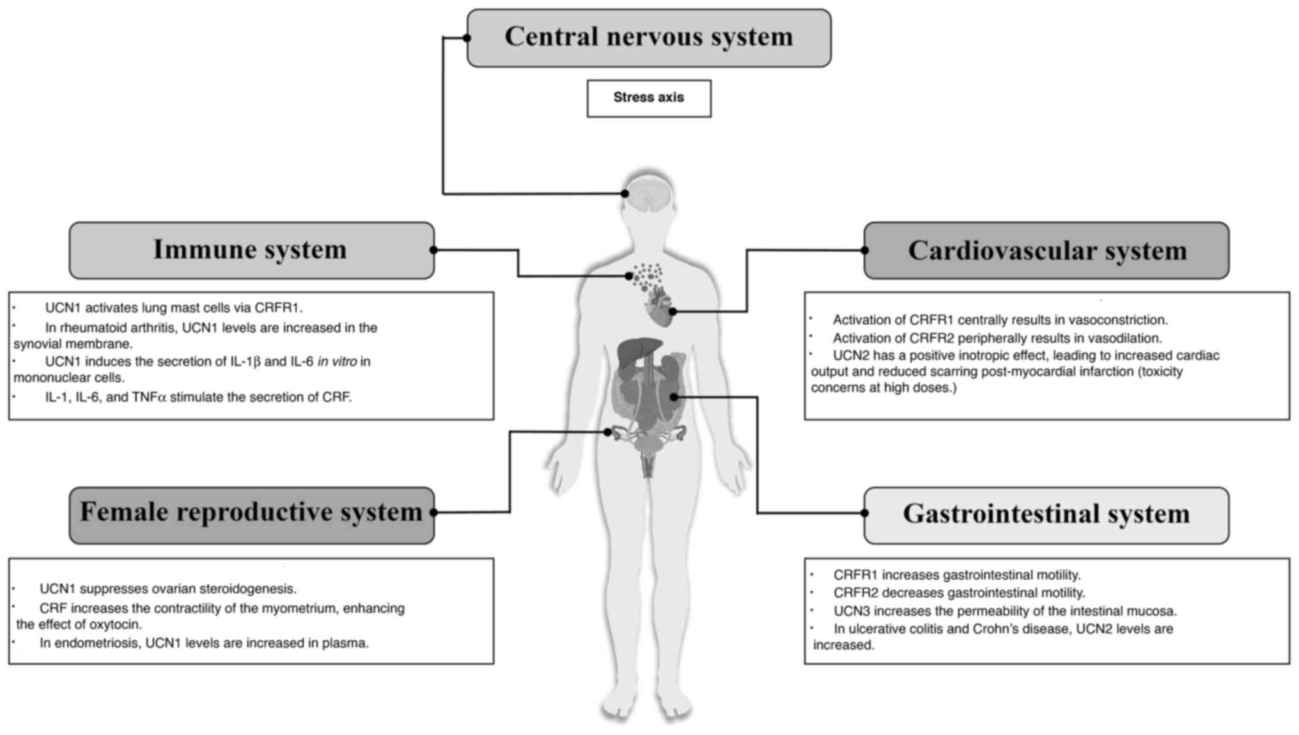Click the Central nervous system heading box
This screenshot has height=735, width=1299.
tap(649, 38)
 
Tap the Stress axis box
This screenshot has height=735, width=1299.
tap(649, 98)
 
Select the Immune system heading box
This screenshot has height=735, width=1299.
tap(251, 250)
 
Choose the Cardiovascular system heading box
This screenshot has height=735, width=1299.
tap(1046, 251)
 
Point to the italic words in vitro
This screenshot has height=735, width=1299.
tap(337, 362)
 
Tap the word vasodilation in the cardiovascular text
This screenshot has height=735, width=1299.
tap(1124, 338)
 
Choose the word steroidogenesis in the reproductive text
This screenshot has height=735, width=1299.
tap(255, 589)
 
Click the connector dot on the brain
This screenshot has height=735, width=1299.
tap(625, 193)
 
